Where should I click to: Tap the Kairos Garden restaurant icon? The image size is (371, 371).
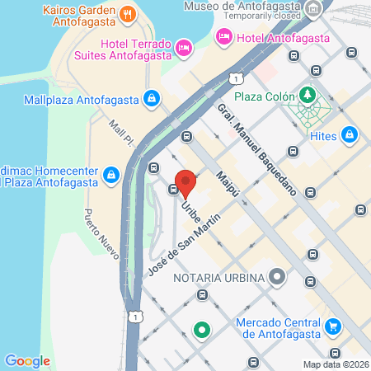point(127,13)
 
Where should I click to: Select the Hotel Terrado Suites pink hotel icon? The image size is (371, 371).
point(185,49)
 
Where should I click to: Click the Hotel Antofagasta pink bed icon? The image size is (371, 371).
point(223,36)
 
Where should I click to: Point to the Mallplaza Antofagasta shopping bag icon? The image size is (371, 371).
point(150,99)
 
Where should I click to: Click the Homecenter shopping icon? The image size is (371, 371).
point(111,174)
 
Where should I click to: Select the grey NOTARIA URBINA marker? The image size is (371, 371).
point(277,277)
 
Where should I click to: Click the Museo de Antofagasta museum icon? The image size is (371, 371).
point(313,10)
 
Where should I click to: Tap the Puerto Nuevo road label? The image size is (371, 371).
point(99,232)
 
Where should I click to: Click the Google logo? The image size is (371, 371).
point(27,360)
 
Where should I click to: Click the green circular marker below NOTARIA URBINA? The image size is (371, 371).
point(202,331)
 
